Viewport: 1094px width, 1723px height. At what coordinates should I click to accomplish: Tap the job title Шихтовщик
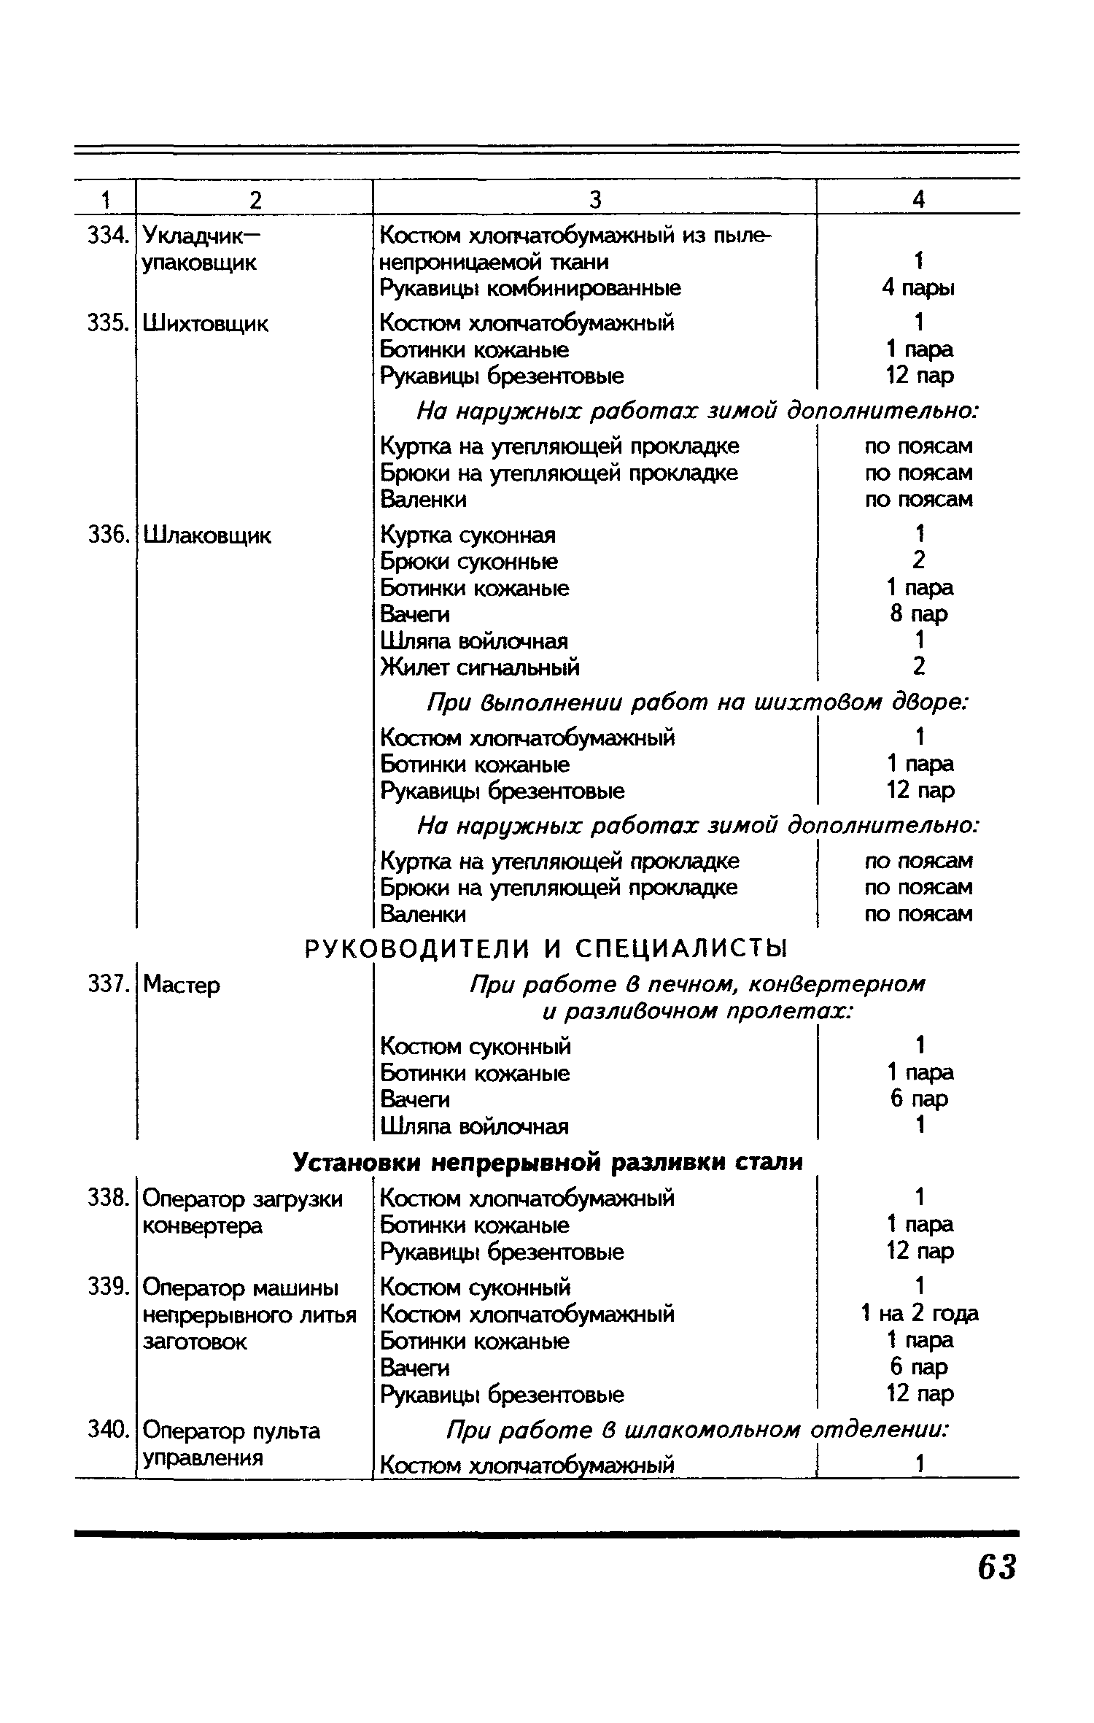tap(206, 323)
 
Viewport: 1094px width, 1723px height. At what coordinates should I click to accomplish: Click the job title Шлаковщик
tap(207, 536)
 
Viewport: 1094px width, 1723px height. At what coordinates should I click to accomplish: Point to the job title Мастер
tap(182, 986)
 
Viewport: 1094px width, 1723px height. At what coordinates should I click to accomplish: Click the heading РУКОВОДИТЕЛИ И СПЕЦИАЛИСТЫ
tap(546, 949)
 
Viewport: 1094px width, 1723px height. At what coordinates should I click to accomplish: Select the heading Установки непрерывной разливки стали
tap(547, 1162)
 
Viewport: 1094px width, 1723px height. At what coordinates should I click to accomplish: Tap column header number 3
tap(595, 199)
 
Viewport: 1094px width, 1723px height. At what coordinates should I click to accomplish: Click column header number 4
tap(919, 199)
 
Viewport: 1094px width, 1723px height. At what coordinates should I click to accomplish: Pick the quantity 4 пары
tap(918, 288)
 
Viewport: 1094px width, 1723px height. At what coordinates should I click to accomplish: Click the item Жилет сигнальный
tap(481, 667)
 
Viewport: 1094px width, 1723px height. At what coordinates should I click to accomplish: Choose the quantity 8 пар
tap(919, 614)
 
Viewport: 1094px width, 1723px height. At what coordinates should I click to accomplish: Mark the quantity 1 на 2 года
tap(919, 1314)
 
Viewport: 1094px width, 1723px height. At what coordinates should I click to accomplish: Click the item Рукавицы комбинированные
tap(530, 288)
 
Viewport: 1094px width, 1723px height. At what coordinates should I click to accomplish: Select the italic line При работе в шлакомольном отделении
tap(697, 1430)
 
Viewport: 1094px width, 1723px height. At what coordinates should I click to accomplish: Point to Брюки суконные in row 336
tap(469, 562)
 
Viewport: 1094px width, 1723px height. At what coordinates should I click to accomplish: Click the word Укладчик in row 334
tap(191, 236)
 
